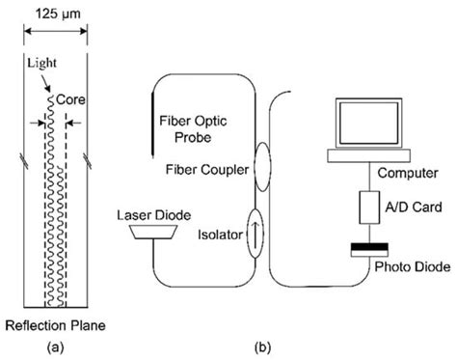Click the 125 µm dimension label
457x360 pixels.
click(51, 13)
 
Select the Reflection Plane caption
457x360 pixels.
click(52, 322)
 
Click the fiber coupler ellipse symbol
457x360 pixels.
click(261, 163)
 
